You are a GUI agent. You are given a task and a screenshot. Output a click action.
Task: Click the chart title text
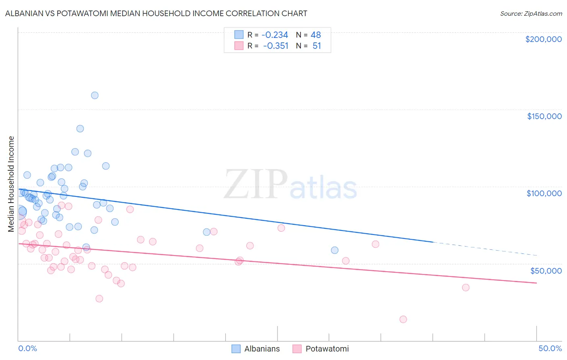click(x=156, y=14)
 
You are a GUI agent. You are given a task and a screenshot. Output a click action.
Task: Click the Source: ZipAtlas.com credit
click(x=531, y=14)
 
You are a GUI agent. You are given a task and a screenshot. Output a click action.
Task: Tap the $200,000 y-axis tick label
click(x=543, y=39)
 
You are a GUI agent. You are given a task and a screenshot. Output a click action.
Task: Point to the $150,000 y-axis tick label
click(x=544, y=116)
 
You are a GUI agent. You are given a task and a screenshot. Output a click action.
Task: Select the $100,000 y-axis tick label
click(x=544, y=193)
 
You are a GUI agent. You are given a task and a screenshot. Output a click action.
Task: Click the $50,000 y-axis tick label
click(x=546, y=270)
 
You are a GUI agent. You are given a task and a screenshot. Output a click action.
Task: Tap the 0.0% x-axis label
click(x=27, y=348)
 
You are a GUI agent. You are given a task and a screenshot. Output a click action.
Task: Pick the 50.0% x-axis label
click(x=550, y=348)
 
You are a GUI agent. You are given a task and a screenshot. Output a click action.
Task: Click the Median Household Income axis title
click(x=11, y=184)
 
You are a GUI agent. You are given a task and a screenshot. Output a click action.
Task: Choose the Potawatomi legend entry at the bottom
click(x=321, y=349)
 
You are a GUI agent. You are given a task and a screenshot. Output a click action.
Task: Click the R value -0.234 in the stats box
click(x=275, y=35)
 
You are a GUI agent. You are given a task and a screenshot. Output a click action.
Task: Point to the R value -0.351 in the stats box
click(x=275, y=46)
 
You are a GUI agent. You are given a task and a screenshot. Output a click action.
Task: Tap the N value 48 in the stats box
click(x=316, y=35)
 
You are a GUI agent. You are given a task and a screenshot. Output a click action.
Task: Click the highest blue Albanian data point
click(x=95, y=95)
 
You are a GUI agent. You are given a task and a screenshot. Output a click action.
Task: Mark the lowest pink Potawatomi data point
click(x=403, y=319)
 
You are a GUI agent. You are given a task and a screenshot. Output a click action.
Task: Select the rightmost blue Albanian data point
click(x=335, y=250)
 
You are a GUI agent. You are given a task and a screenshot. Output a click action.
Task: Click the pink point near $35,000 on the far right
click(x=466, y=287)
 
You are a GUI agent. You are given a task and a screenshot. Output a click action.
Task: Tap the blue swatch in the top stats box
click(x=239, y=35)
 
